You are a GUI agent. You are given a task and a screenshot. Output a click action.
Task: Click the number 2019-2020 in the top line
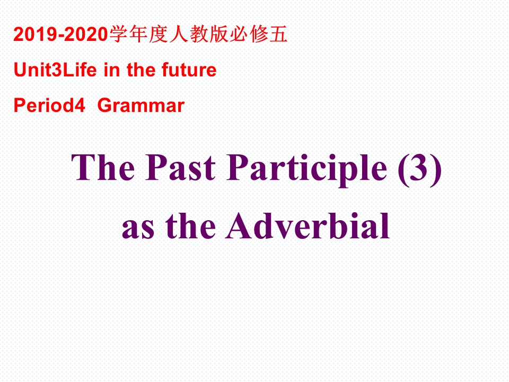[x=60, y=35]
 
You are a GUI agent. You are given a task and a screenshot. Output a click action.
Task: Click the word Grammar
[x=141, y=106]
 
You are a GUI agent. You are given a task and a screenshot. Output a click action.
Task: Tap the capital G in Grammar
[x=104, y=106]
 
